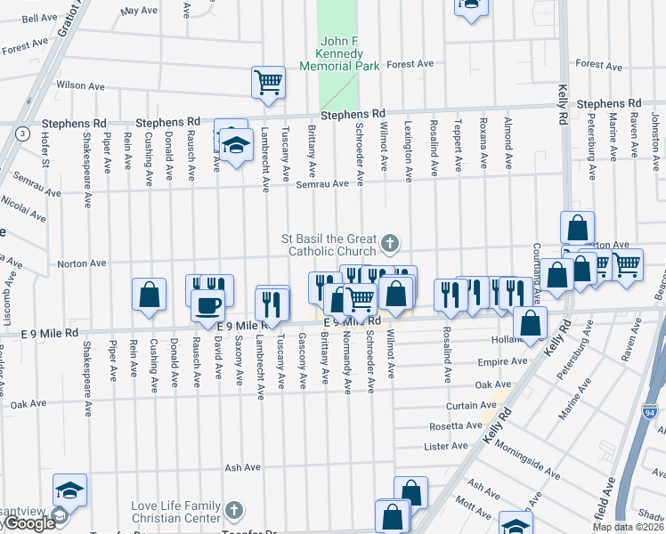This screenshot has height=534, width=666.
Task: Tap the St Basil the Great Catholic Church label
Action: [329, 245]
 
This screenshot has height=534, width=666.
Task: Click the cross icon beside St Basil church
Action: [390, 242]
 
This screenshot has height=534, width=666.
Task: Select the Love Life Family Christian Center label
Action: [175, 512]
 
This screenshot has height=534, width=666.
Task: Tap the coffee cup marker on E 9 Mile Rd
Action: [209, 305]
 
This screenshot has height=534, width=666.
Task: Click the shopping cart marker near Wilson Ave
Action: [268, 83]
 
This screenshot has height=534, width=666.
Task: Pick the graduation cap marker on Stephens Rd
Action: [236, 145]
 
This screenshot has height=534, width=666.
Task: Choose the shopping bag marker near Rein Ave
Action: [149, 295]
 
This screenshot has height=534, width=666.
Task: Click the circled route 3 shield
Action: [20, 133]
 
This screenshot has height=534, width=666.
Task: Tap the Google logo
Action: [28, 524]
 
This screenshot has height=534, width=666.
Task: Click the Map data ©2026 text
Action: [628, 527]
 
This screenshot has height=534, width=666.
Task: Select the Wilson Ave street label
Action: [82, 85]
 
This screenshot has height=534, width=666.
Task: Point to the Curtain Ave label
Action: [464, 405]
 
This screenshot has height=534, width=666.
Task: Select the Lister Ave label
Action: [446, 446]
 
